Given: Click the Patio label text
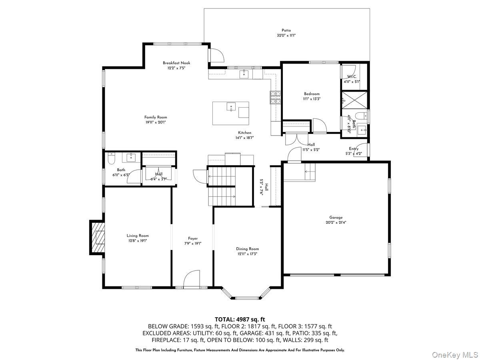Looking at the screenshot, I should (x=286, y=30).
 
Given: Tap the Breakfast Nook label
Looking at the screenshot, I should (x=176, y=63).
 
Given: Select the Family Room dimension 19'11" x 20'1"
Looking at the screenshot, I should (x=156, y=122).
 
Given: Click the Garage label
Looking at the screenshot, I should (x=336, y=218).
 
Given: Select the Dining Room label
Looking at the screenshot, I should (x=247, y=249).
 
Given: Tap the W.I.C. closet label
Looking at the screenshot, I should (x=352, y=76).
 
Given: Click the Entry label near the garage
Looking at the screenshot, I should (x=354, y=149).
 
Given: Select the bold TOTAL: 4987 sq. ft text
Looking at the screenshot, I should (x=240, y=319).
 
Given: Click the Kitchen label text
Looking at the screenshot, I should (x=245, y=133).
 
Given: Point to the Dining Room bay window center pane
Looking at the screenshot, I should (x=247, y=298).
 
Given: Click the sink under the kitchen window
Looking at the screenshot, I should (x=244, y=74).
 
